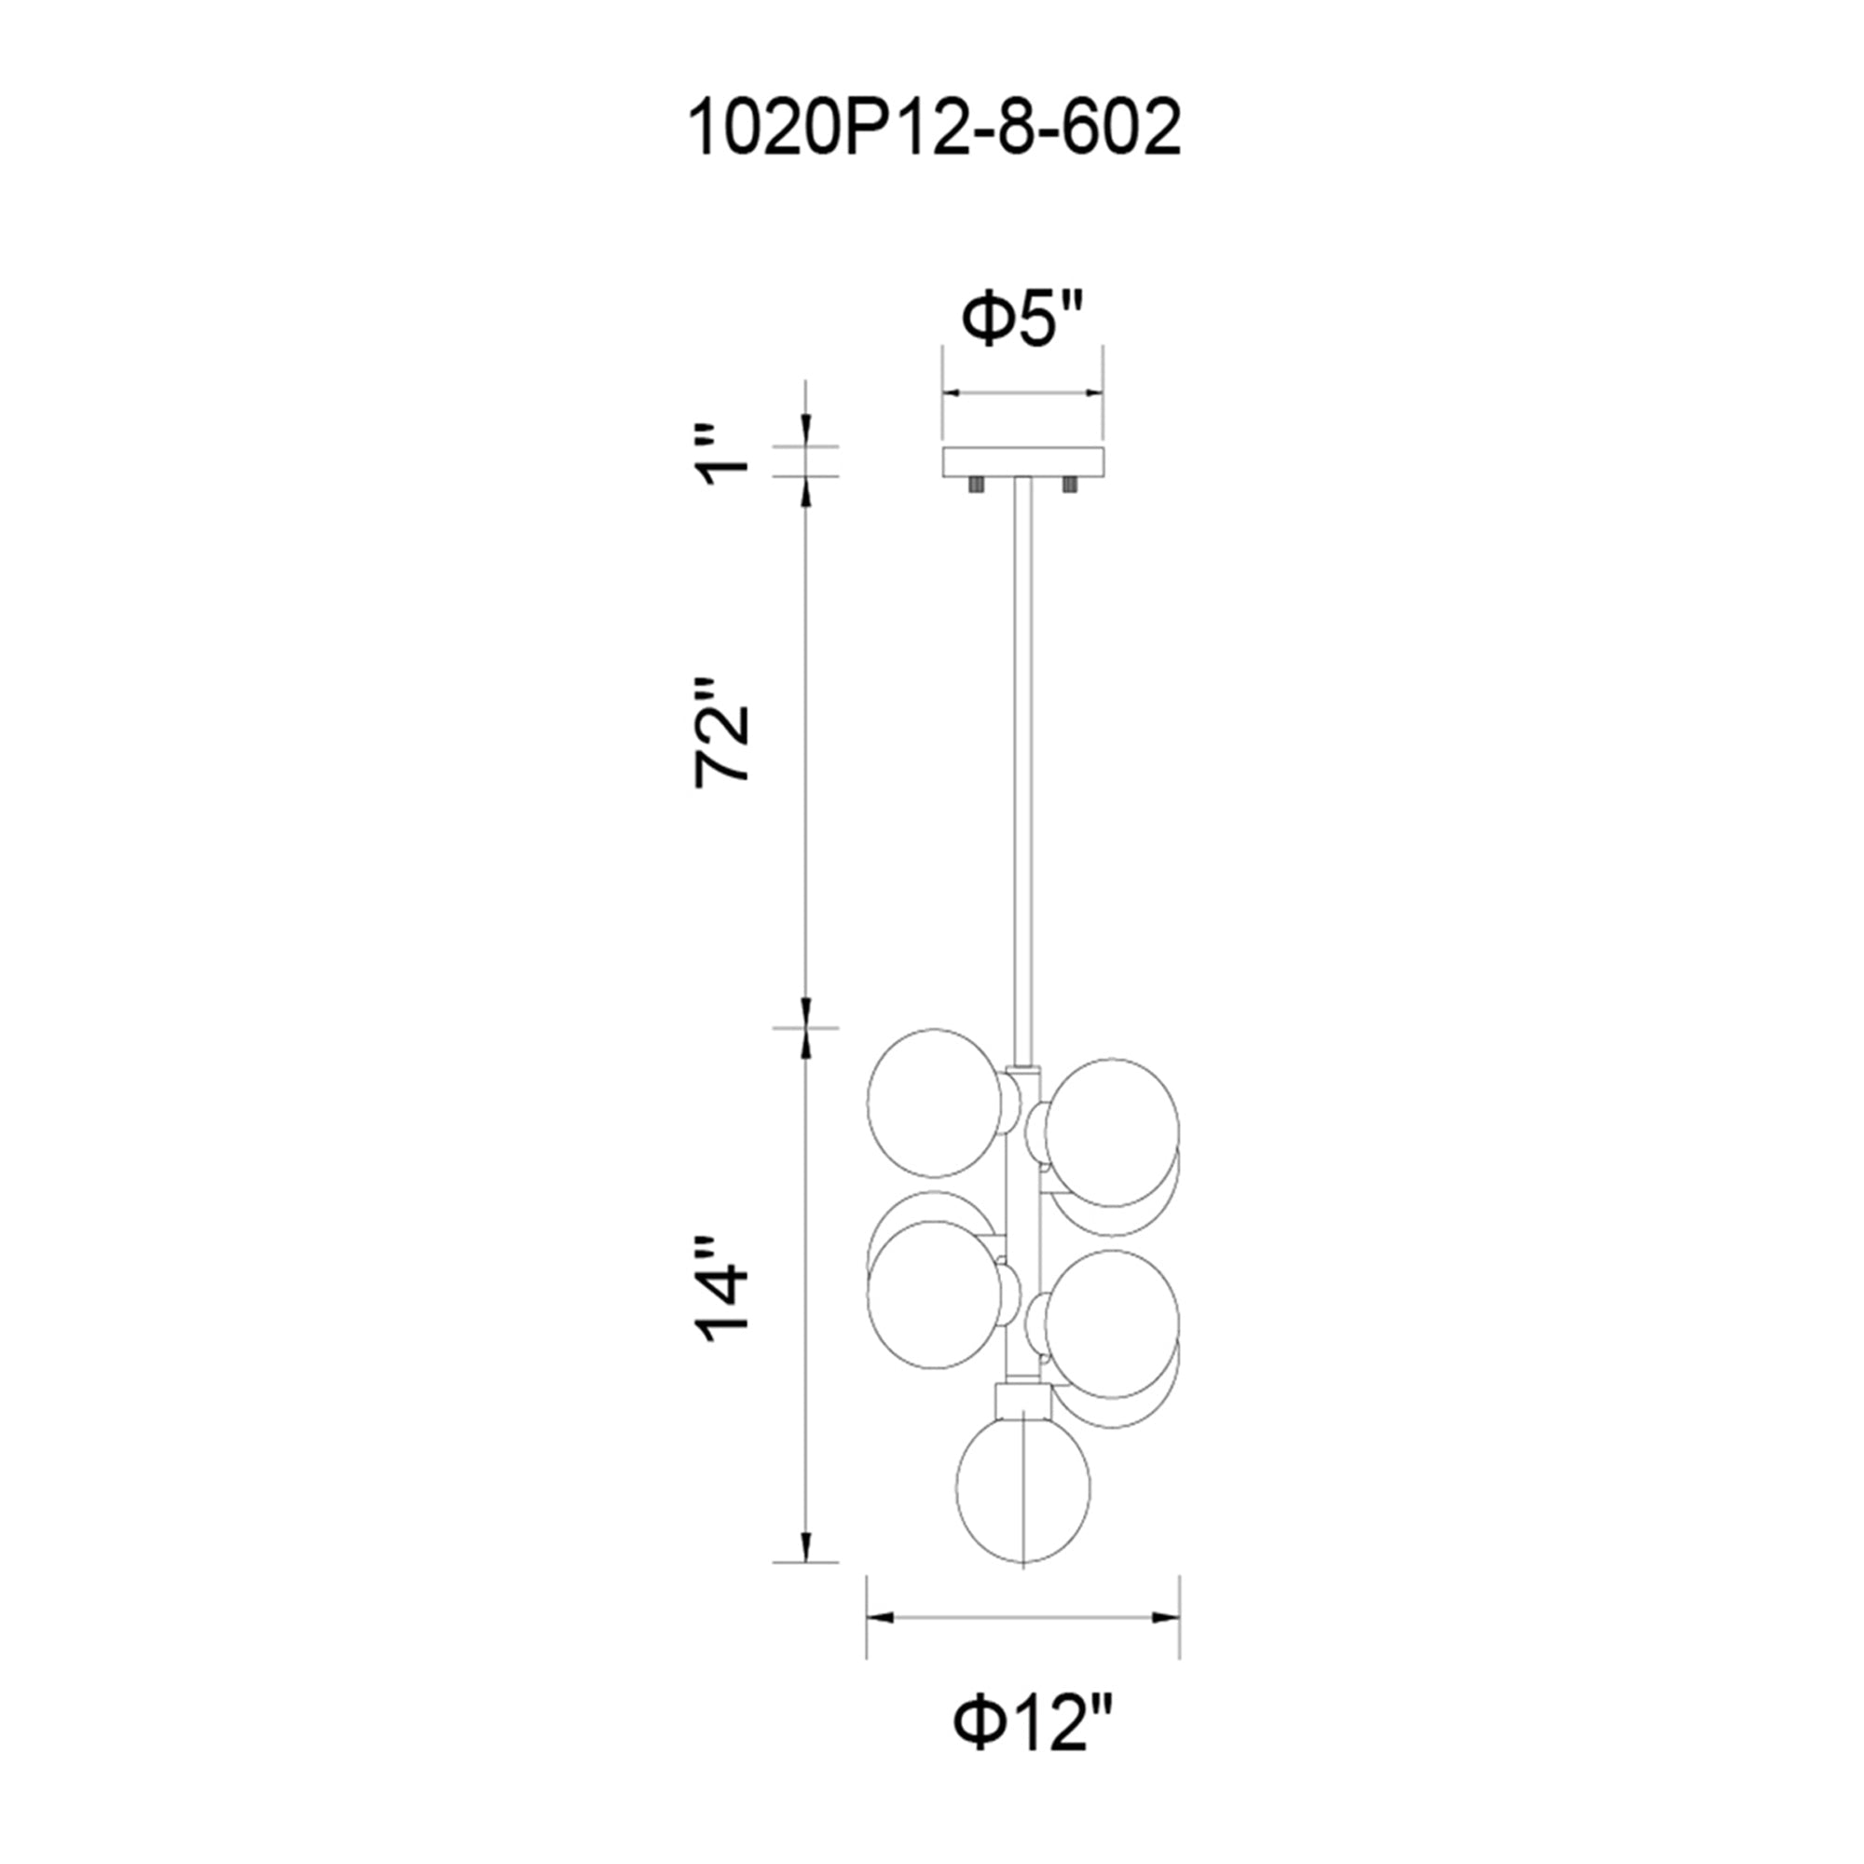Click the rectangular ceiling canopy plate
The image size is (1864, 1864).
tap(1022, 461)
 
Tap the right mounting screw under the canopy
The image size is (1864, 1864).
tap(1069, 486)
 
